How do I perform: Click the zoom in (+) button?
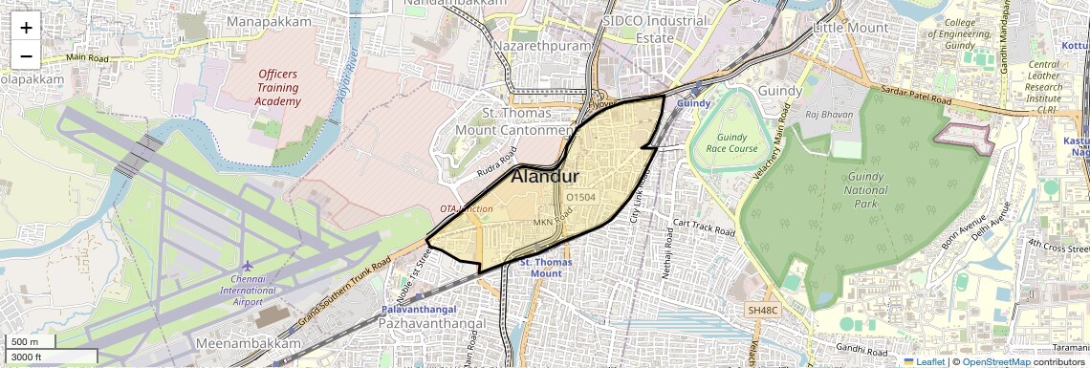pos(26,27)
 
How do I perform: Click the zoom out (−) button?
pos(26,55)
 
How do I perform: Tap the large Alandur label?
pos(546,177)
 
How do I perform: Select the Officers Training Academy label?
pos(277,87)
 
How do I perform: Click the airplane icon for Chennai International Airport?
pos(249,265)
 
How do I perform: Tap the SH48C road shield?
pos(764,310)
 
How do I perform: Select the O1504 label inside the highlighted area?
pos(580,196)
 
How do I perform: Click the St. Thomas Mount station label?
pos(540,267)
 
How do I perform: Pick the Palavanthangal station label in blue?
pos(419,310)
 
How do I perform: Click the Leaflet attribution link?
pos(924,361)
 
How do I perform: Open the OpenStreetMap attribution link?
pos(995,361)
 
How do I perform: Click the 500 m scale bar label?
pos(25,342)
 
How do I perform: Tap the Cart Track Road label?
pos(704,227)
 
